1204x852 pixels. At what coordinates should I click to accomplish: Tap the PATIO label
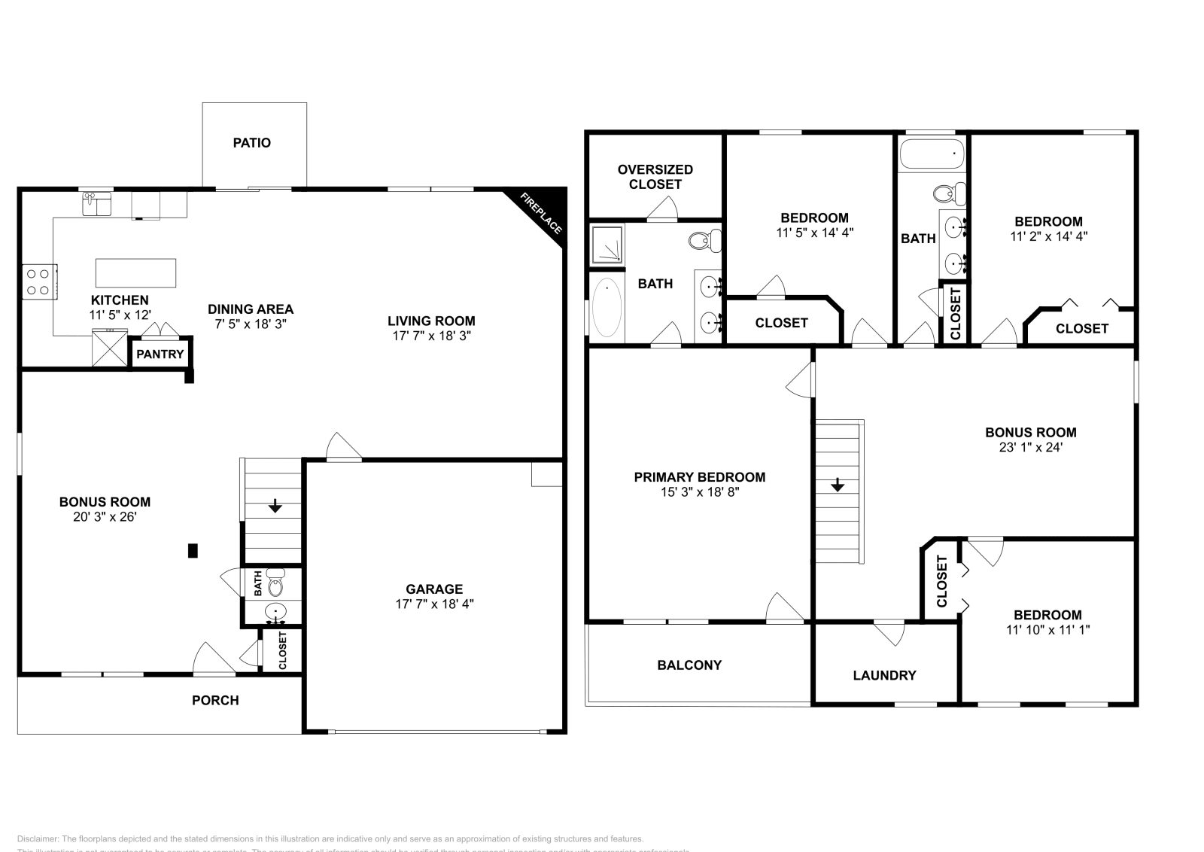[x=251, y=143]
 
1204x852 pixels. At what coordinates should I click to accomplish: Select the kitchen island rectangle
[x=135, y=272]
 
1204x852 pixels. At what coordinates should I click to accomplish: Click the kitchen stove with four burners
[x=38, y=281]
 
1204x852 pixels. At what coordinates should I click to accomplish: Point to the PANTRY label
[x=160, y=354]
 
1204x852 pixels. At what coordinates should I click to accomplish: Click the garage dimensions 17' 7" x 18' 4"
[x=434, y=604]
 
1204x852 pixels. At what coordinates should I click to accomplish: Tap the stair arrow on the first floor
[x=275, y=506]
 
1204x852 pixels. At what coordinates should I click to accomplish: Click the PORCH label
[x=215, y=701]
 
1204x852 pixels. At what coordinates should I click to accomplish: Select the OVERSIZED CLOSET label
[x=655, y=177]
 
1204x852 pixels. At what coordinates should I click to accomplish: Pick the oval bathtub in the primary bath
[x=607, y=308]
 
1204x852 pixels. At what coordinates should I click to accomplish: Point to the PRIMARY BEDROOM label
[x=699, y=477]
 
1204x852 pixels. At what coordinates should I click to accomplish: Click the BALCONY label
[x=689, y=665]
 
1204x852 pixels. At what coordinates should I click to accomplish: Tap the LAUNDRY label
[x=884, y=676]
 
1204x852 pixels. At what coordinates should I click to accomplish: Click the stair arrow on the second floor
[x=838, y=485]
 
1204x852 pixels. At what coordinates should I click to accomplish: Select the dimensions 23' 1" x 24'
[x=1030, y=447]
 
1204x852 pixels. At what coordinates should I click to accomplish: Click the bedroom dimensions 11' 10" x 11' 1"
[x=1047, y=630]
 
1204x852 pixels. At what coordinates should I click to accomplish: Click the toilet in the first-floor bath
[x=275, y=583]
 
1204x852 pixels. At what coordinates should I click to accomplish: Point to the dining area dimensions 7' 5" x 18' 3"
[x=251, y=324]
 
